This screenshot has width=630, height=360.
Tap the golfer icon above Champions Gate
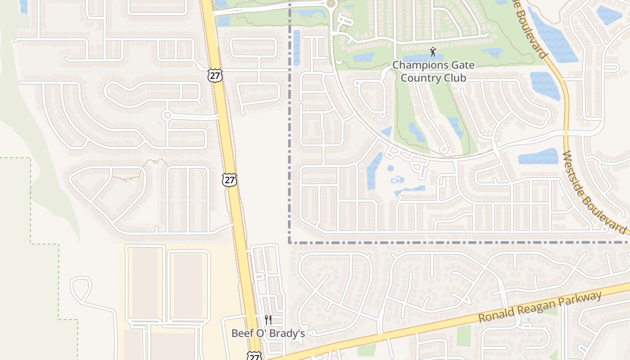click(x=433, y=52)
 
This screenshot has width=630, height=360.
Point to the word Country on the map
click(x=421, y=78)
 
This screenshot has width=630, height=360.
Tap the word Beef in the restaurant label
click(x=242, y=334)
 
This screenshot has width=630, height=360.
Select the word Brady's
click(x=289, y=334)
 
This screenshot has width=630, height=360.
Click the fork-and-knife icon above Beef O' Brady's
click(x=268, y=320)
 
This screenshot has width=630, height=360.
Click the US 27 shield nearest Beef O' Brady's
click(x=254, y=355)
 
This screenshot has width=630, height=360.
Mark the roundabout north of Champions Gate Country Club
click(x=332, y=4)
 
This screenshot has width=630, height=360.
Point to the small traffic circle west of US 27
click(x=167, y=115)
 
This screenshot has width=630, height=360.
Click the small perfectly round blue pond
click(x=390, y=168)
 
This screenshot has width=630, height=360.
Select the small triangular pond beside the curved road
click(x=386, y=132)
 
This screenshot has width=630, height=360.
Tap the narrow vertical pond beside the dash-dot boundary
click(x=297, y=47)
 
